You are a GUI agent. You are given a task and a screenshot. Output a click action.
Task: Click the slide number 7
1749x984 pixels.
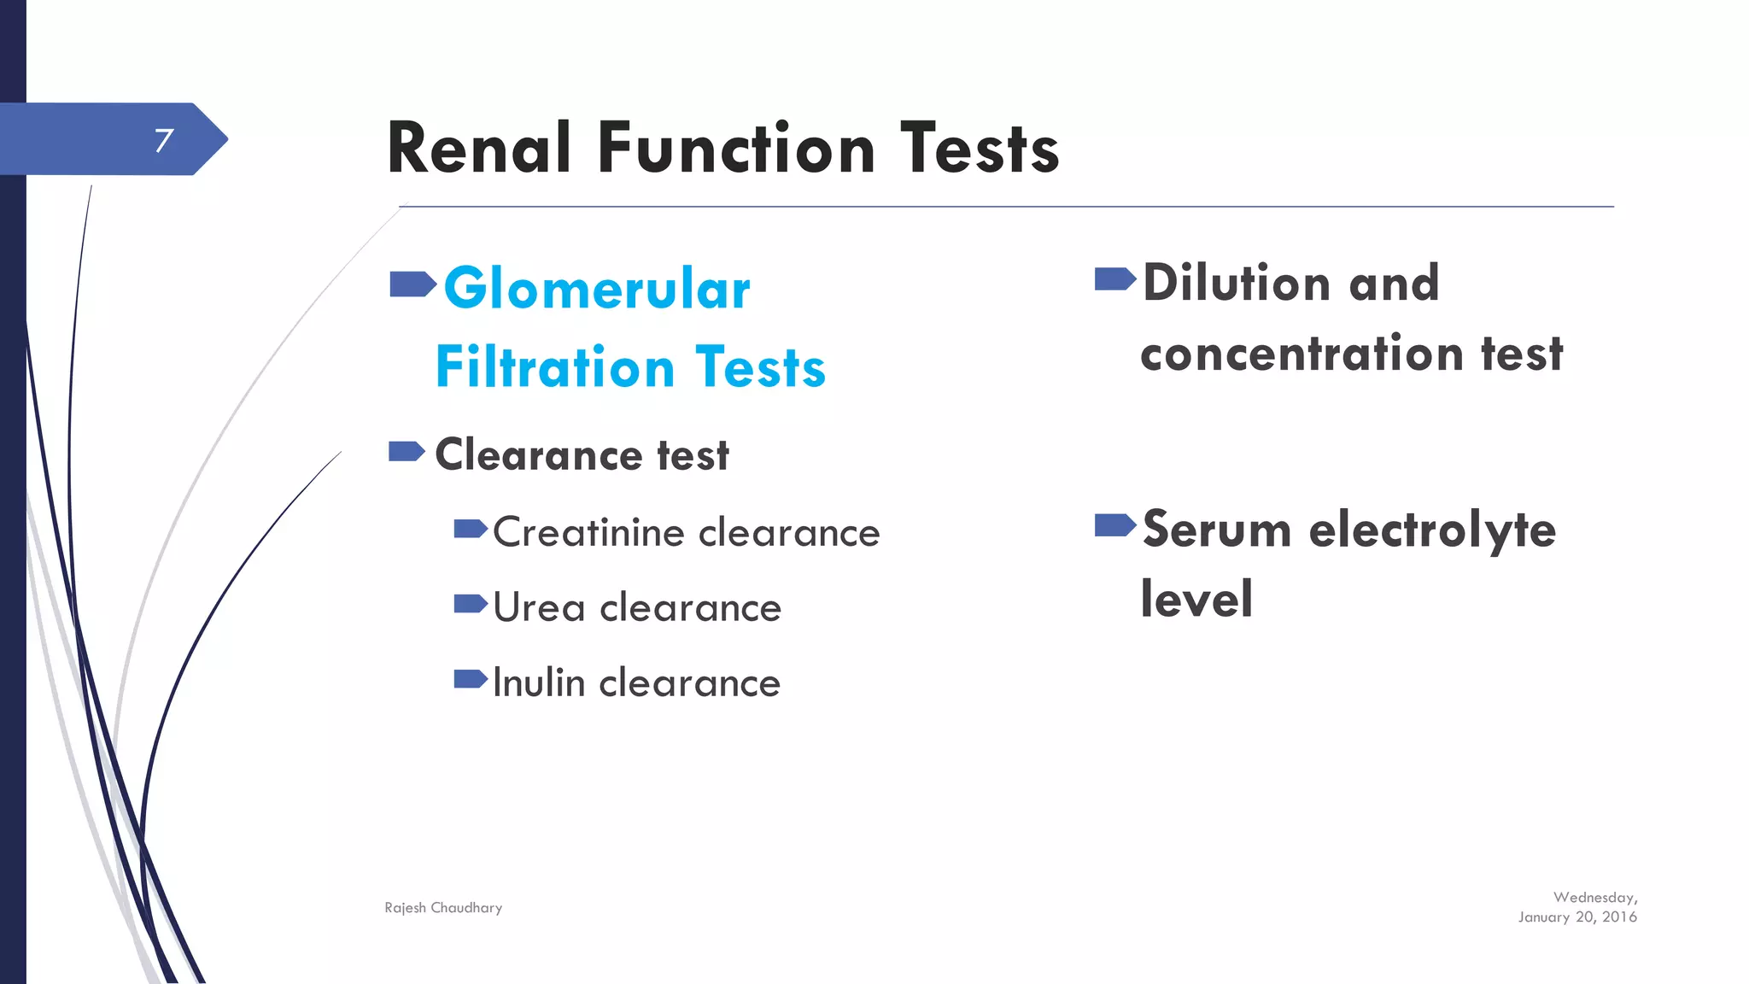[164, 140]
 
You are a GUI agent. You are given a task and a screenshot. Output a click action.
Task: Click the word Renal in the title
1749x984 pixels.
[479, 149]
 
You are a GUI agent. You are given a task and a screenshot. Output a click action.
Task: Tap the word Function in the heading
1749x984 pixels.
[736, 149]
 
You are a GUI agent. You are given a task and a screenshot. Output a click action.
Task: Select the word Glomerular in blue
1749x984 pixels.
[597, 289]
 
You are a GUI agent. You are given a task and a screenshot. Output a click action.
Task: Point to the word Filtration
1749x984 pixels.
[555, 367]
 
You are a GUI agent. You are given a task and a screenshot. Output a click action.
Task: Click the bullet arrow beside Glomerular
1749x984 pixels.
[412, 284]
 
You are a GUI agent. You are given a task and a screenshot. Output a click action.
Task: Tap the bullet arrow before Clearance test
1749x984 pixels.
[407, 451]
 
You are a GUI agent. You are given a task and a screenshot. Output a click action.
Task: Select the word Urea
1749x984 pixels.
[539, 607]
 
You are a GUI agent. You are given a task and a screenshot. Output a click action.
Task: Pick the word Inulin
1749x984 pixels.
[539, 682]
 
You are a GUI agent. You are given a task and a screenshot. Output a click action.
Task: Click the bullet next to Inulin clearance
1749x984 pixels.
[471, 679]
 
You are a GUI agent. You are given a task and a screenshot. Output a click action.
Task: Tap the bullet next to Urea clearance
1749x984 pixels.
[471, 604]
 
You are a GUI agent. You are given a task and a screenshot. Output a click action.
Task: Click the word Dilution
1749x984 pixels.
[1237, 283]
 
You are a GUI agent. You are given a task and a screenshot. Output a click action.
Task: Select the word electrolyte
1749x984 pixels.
[1432, 530]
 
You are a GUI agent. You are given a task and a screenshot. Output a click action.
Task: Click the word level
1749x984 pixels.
[1196, 599]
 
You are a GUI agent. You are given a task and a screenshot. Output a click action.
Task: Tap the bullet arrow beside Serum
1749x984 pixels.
[1114, 524]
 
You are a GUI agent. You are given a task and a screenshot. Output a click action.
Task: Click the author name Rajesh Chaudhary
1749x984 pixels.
[443, 908]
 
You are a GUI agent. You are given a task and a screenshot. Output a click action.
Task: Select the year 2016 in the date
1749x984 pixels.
[1619, 917]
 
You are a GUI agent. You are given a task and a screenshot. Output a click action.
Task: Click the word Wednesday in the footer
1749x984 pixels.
[1594, 898]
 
